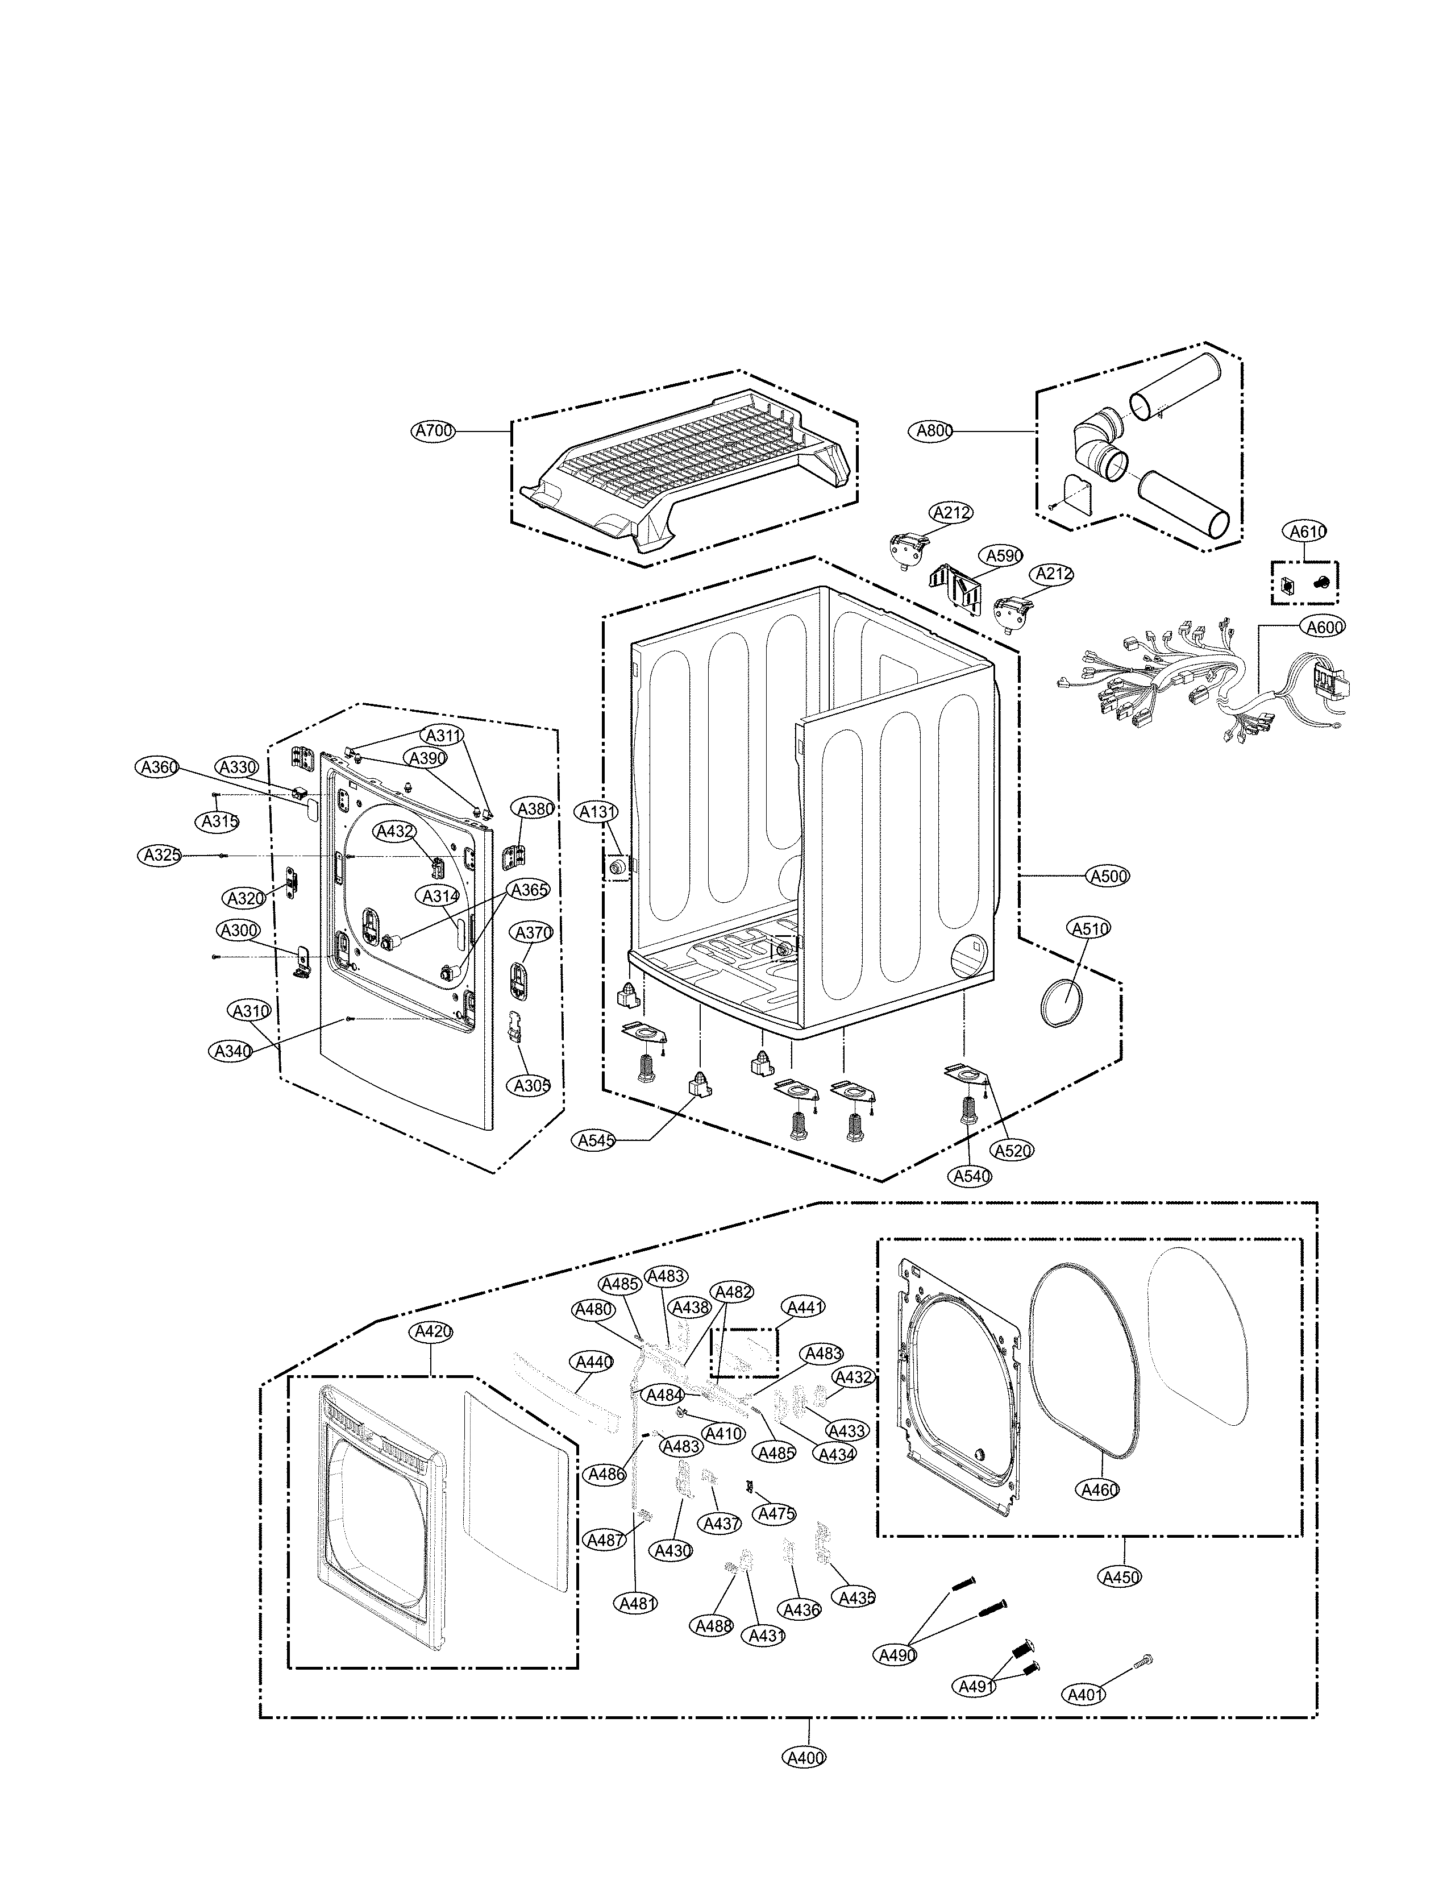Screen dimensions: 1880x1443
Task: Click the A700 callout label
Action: coord(433,431)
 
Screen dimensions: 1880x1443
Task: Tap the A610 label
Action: coord(1307,532)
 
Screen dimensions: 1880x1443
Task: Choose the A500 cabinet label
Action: coord(1108,877)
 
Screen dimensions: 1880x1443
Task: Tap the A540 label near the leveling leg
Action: coord(971,1176)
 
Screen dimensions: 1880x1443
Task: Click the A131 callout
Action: coord(594,812)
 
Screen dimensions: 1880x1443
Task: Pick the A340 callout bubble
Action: coord(230,1051)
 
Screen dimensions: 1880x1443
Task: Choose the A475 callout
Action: coord(776,1514)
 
